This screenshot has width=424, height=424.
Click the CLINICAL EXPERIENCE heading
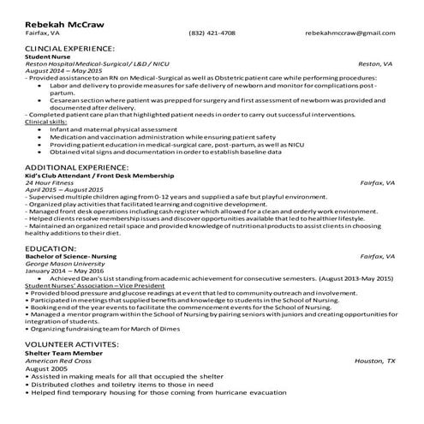click(x=70, y=50)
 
